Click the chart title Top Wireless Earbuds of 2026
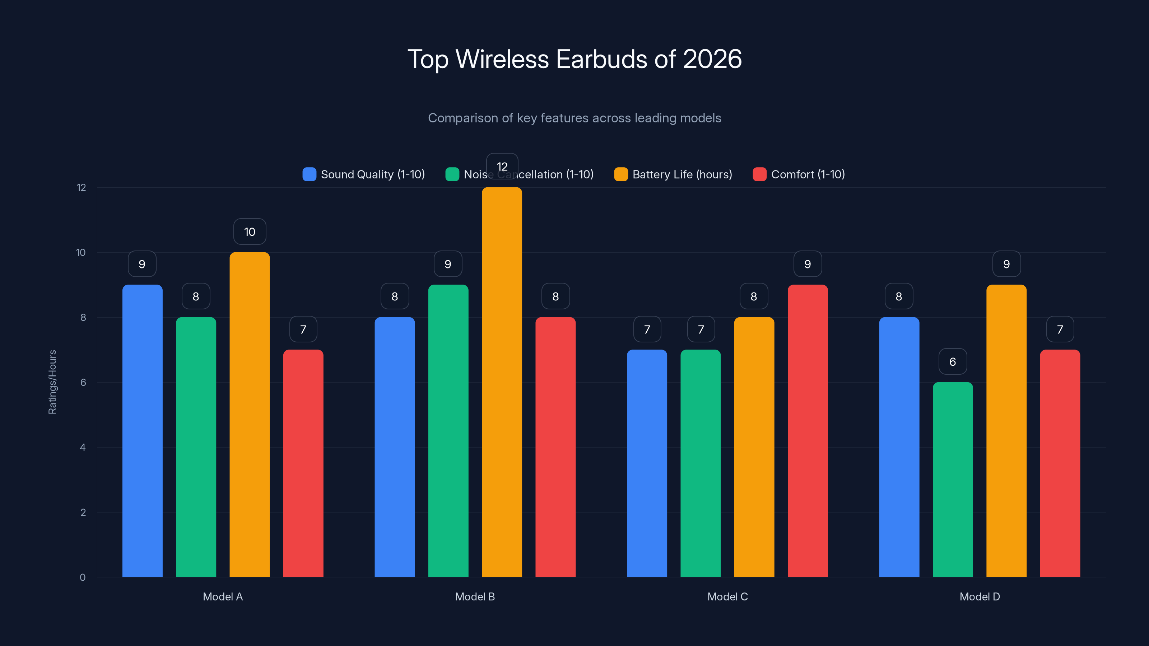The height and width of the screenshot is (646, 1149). point(574,59)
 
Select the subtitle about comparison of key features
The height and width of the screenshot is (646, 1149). point(574,118)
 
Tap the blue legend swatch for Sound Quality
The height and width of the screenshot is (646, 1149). point(309,174)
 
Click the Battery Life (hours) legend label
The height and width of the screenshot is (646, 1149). point(682,174)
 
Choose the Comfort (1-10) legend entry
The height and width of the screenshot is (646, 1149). point(808,174)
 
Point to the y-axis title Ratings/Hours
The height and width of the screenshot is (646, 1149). point(52,382)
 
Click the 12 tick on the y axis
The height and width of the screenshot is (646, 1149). point(81,188)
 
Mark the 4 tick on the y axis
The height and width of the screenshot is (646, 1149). point(83,447)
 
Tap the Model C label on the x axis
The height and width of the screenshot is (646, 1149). point(727,596)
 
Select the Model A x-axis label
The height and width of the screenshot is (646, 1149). point(223,596)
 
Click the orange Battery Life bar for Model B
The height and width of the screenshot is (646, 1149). point(502,383)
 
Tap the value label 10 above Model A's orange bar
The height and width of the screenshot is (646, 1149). point(249,232)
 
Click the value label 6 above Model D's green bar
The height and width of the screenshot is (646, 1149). point(953,361)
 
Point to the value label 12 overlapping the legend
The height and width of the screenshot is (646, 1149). point(502,166)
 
